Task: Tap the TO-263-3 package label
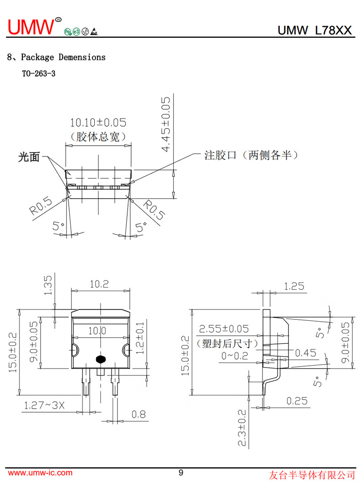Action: click(39, 73)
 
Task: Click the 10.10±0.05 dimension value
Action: click(98, 123)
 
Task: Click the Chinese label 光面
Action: click(29, 158)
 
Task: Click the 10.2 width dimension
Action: click(99, 284)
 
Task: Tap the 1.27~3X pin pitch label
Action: click(45, 405)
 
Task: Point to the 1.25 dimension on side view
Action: click(294, 286)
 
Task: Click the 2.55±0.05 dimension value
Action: click(224, 329)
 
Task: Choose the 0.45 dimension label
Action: click(305, 353)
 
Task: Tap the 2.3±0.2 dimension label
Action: click(242, 428)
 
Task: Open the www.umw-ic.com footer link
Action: click(40, 473)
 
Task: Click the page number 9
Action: click(181, 473)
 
